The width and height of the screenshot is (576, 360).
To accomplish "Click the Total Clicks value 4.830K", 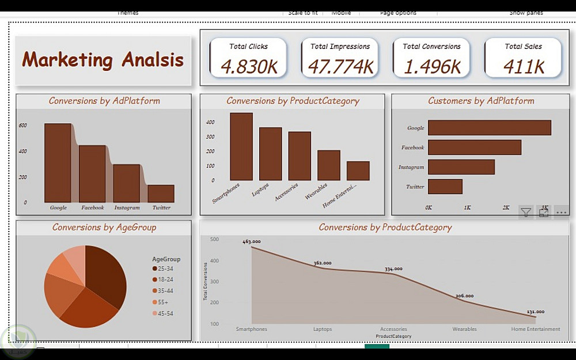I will click(249, 67).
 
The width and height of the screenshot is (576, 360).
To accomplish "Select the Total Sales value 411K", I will click(524, 67).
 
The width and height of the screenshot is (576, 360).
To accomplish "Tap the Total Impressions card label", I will click(340, 47).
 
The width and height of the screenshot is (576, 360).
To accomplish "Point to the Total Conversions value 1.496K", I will click(432, 67).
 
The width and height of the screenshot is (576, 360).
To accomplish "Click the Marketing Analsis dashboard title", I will click(103, 60).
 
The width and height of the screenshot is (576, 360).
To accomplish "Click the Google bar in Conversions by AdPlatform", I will click(58, 162).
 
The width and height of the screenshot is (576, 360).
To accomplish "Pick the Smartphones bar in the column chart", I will click(241, 146).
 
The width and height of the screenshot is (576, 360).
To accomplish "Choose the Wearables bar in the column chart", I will click(329, 165).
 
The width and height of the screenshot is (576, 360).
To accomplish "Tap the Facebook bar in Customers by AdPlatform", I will click(474, 147).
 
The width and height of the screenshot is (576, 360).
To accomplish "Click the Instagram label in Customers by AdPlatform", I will click(411, 168).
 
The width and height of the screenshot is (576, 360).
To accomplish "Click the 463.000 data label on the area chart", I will click(252, 242).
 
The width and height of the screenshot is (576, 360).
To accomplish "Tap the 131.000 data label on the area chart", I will click(535, 312).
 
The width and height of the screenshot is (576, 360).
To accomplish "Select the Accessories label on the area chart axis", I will click(393, 329).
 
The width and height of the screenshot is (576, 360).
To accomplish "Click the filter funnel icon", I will click(526, 213).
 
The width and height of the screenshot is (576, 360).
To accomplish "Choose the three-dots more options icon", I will click(562, 213).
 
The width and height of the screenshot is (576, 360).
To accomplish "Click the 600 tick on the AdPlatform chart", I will click(22, 125).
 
